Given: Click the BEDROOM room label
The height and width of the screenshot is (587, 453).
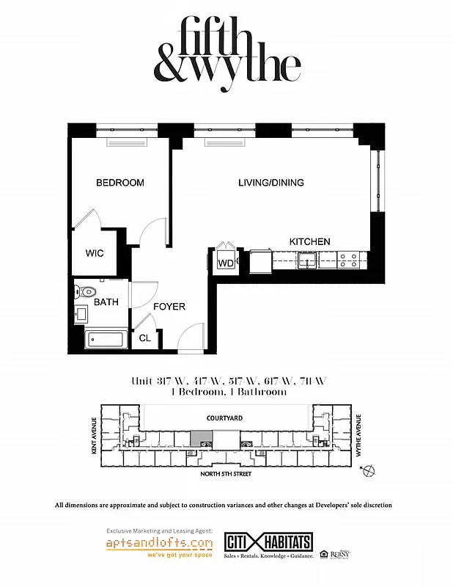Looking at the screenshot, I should pyautogui.click(x=120, y=183).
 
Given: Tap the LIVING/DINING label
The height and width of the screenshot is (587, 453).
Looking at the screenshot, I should pyautogui.click(x=271, y=183).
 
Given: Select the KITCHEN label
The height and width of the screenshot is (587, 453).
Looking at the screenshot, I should pyautogui.click(x=309, y=241).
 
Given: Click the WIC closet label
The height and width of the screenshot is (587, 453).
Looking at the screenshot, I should pyautogui.click(x=95, y=253).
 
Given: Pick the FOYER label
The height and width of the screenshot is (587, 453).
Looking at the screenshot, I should pyautogui.click(x=169, y=307).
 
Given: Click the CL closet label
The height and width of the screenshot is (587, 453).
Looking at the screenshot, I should pyautogui.click(x=145, y=338).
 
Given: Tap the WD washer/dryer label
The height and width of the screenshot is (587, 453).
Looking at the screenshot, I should pyautogui.click(x=225, y=263).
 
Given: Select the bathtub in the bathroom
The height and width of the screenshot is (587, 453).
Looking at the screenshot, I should pyautogui.click(x=106, y=340).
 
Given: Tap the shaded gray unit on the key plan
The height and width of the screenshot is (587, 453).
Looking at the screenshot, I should pyautogui.click(x=199, y=438).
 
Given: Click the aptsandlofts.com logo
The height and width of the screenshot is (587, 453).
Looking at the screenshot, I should pyautogui.click(x=159, y=544).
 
